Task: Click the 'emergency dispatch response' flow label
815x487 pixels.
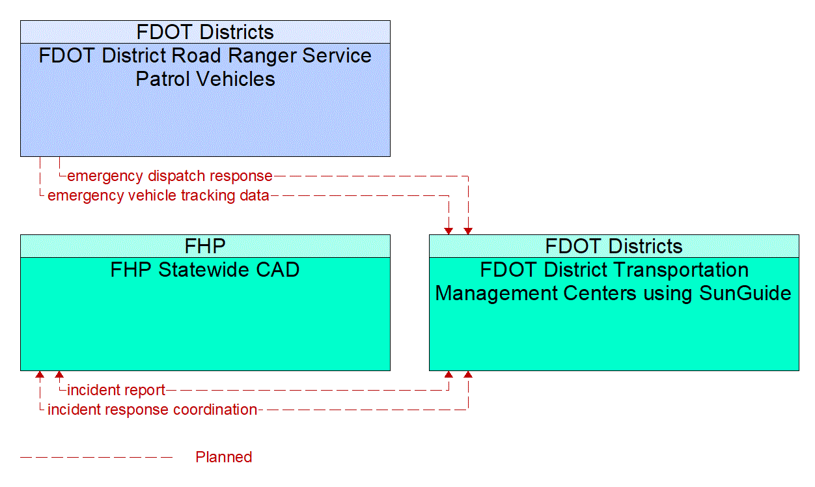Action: [x=170, y=176]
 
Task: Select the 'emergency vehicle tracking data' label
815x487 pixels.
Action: [x=158, y=195]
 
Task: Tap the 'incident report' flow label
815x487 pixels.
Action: [x=117, y=391]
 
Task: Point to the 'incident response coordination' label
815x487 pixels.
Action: [x=152, y=410]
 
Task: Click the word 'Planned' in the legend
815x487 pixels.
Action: [x=224, y=457]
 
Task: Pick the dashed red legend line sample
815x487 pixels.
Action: [x=96, y=457]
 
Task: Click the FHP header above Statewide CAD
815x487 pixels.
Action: [x=205, y=246]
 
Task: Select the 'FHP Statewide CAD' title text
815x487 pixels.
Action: [x=205, y=270]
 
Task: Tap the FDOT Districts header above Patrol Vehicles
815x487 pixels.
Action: [x=205, y=32]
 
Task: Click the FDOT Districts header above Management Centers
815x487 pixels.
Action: [x=614, y=246]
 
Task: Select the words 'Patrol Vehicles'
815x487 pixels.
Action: [x=205, y=79]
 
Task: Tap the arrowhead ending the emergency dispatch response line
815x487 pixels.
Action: [x=468, y=230]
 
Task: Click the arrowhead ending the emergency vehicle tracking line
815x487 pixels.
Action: [x=449, y=230]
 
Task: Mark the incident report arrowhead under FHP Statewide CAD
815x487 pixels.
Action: [x=59, y=375]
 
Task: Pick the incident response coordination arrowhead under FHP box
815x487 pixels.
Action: [x=40, y=375]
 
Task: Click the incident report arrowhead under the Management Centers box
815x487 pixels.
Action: [x=449, y=375]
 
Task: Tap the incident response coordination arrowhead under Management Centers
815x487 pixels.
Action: [x=468, y=375]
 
